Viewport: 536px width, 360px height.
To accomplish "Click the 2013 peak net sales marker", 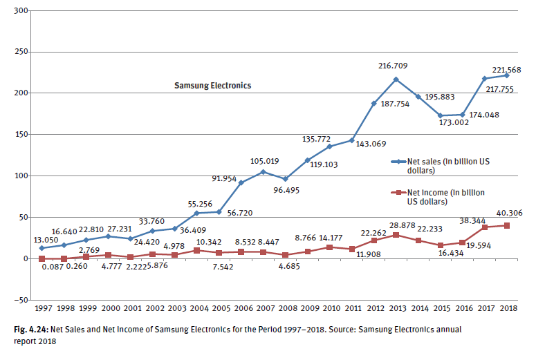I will pyautogui.click(x=396, y=79).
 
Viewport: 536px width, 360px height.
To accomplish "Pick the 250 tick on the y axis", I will pyautogui.click(x=20, y=52).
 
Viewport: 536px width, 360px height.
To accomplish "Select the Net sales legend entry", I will pyautogui.click(x=449, y=164).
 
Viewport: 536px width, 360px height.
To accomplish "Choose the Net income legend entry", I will pyautogui.click(x=449, y=197).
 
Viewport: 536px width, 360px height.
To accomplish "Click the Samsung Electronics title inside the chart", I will pyautogui.click(x=212, y=86).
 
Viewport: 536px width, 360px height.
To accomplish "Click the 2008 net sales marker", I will pyautogui.click(x=285, y=179).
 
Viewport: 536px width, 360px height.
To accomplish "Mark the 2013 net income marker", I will pyautogui.click(x=396, y=235).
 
